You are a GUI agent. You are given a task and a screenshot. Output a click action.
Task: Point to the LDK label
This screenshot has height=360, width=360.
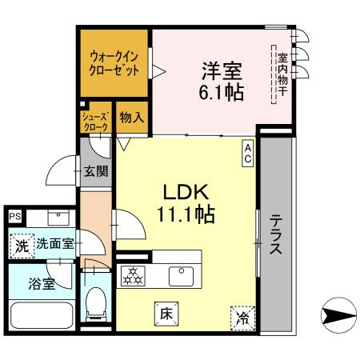point(186,192)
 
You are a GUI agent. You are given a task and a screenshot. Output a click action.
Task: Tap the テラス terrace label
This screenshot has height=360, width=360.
point(275,234)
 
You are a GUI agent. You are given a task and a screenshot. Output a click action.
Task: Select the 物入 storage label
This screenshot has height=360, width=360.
point(132,118)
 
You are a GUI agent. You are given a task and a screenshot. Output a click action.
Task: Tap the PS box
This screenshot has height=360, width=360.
point(14,216)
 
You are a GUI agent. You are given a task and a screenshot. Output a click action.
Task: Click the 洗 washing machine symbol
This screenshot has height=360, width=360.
point(22,246)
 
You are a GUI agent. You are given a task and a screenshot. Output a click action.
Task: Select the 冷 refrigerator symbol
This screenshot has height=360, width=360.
point(242,318)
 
